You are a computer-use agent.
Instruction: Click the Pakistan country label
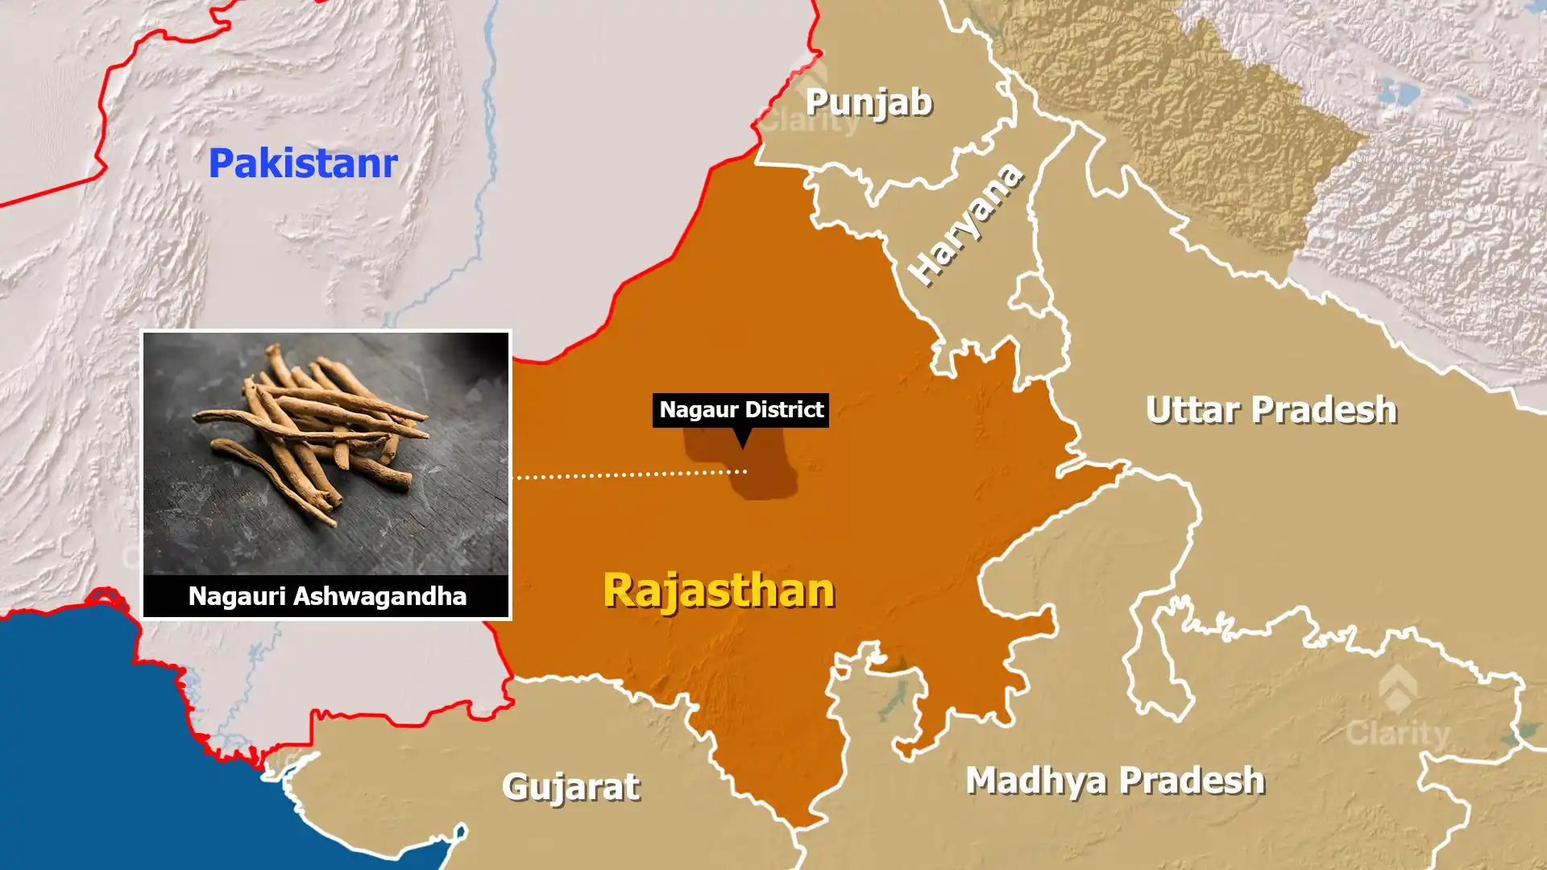pyautogui.click(x=303, y=163)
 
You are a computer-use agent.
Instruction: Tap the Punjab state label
pyautogui.click(x=869, y=102)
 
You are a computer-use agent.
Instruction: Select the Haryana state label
pyautogui.click(x=965, y=224)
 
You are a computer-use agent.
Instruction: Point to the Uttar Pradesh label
pyautogui.click(x=1271, y=410)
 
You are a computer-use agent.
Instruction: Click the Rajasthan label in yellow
pyautogui.click(x=719, y=590)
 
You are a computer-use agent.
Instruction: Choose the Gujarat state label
pyautogui.click(x=570, y=786)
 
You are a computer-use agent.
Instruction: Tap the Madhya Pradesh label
pyautogui.click(x=1115, y=780)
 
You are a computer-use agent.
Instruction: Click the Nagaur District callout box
pyautogui.click(x=740, y=410)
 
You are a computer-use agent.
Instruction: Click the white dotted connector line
pyautogui.click(x=628, y=474)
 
